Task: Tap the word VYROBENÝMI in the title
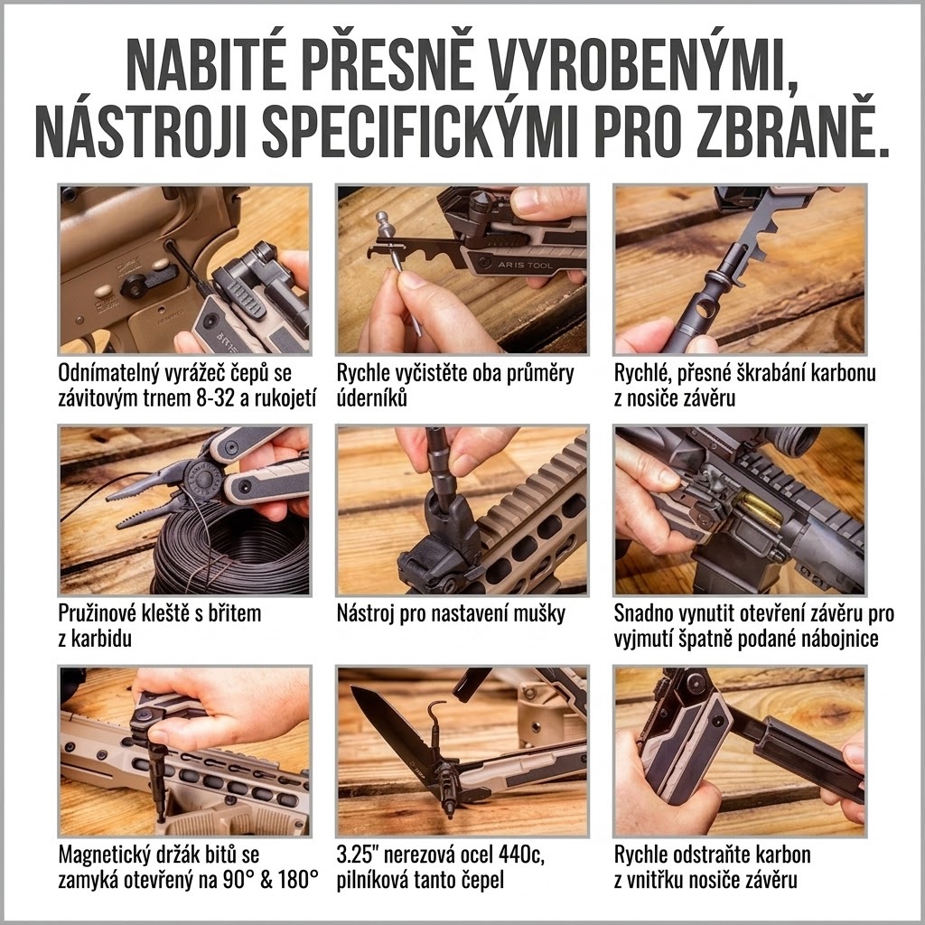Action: tap(640, 63)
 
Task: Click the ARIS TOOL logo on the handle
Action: tap(525, 265)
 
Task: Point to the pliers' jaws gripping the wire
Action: tap(142, 502)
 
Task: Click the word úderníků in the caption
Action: tap(372, 397)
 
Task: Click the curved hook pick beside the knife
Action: tap(434, 717)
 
